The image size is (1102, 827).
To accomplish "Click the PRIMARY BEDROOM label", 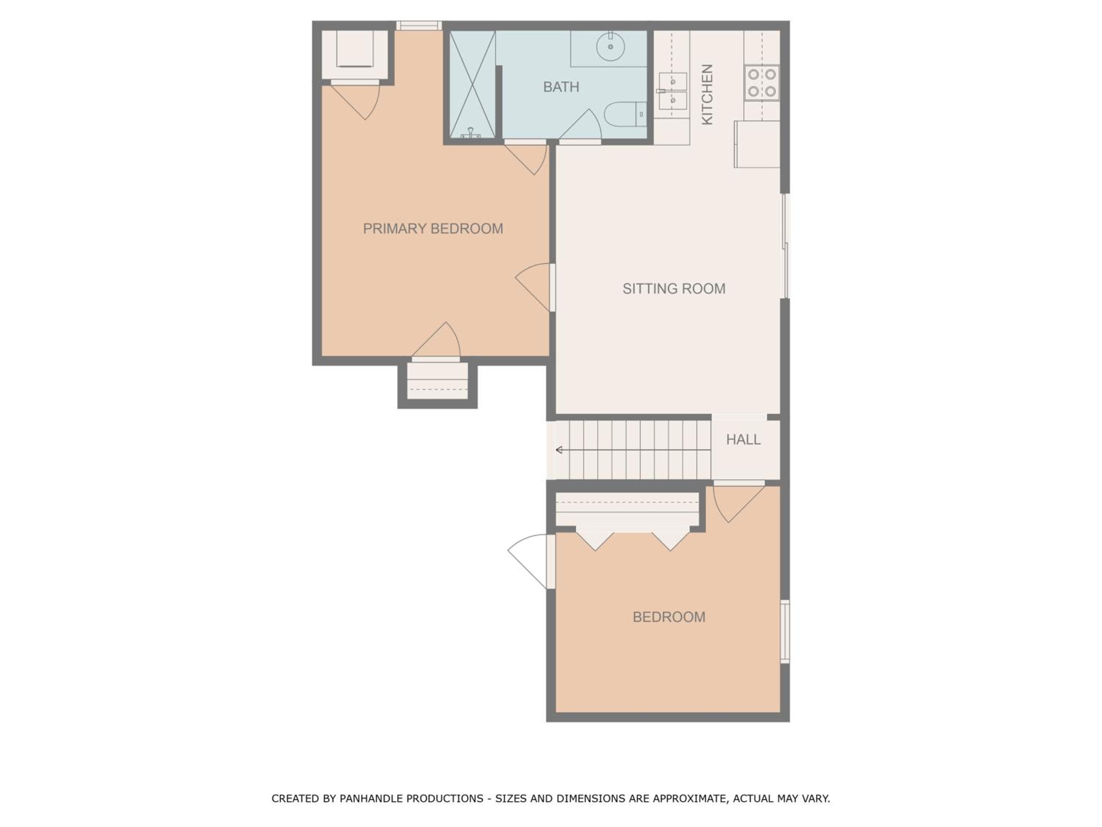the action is coord(433,229).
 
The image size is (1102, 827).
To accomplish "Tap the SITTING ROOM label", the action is coord(674,289).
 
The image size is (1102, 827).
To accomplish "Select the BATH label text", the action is coord(561,87).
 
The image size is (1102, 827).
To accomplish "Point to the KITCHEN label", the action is coord(707,94).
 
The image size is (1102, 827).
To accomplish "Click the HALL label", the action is coord(743,440).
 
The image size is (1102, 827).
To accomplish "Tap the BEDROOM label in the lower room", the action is coord(669,617).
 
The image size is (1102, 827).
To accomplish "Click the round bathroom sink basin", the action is coord(610,46).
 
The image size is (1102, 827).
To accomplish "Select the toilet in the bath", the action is coord(625,114).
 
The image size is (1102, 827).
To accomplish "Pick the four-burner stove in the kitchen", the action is coord(762,83).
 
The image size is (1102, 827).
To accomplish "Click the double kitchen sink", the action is coord(673,91).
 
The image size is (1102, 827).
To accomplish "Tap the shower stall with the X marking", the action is coord(472,84).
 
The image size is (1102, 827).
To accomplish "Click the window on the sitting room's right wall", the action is coord(785,246).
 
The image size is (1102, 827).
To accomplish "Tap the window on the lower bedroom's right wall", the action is coord(785,631).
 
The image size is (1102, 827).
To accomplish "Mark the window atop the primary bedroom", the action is coord(419,25).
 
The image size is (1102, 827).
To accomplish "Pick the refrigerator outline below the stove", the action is coord(757,144).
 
